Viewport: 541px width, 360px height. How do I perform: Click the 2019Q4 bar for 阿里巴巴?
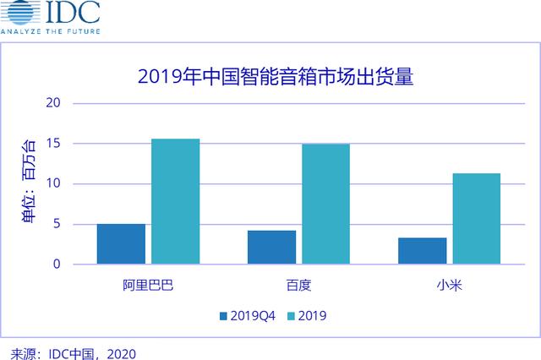click(121, 243)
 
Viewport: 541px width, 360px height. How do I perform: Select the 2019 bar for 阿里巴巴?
click(175, 201)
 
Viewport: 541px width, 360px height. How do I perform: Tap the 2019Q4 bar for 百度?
click(272, 247)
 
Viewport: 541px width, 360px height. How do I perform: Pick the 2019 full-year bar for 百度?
click(325, 204)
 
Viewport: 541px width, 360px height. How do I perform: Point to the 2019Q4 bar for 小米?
click(423, 250)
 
